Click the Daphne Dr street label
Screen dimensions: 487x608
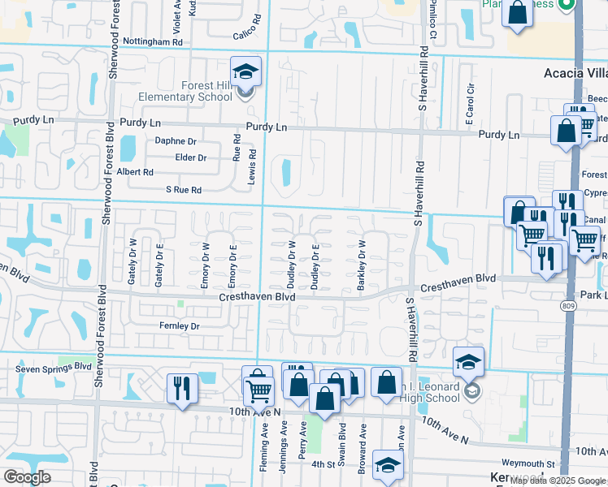(x=176, y=140)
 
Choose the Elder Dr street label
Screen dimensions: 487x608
(x=191, y=157)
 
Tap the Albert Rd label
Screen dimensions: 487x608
(x=136, y=172)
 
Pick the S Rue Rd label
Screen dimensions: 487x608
(x=184, y=190)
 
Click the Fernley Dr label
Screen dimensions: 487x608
(x=180, y=325)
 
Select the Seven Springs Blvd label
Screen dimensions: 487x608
(x=54, y=367)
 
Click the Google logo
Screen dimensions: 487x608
(x=28, y=477)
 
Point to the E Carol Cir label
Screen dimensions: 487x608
(x=469, y=105)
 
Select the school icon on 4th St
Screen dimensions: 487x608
(x=388, y=466)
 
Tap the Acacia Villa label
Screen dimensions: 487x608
(x=575, y=73)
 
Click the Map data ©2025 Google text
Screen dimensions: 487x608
(x=557, y=481)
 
